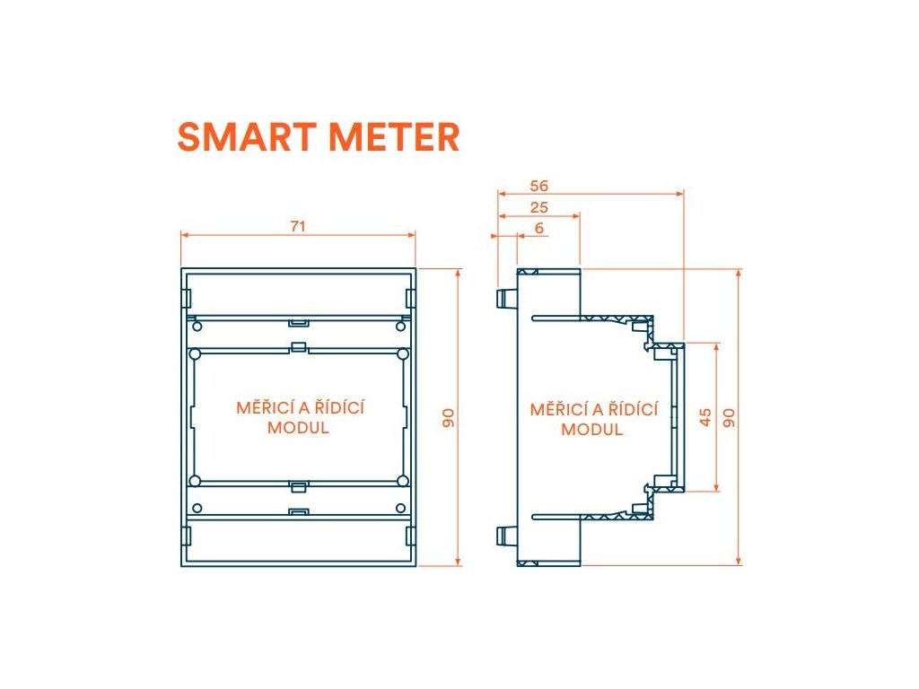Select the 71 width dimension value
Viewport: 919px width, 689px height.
(298, 227)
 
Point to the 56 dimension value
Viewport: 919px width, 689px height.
(538, 187)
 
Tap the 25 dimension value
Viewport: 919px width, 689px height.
(538, 208)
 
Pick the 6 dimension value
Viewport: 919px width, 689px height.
(538, 229)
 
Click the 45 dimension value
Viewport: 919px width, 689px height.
(705, 417)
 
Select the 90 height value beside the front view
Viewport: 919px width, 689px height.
(449, 417)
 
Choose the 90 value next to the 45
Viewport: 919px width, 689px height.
(730, 417)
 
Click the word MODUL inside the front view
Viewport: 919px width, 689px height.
(298, 428)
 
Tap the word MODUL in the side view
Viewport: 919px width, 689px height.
(591, 430)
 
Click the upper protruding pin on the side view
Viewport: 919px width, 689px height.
(503, 297)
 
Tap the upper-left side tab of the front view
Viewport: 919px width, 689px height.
(187, 297)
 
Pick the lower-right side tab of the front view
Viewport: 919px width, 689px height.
(410, 536)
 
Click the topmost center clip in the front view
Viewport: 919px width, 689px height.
(299, 320)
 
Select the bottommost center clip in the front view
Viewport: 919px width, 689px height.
(299, 512)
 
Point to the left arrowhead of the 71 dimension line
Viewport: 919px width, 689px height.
(184, 235)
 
